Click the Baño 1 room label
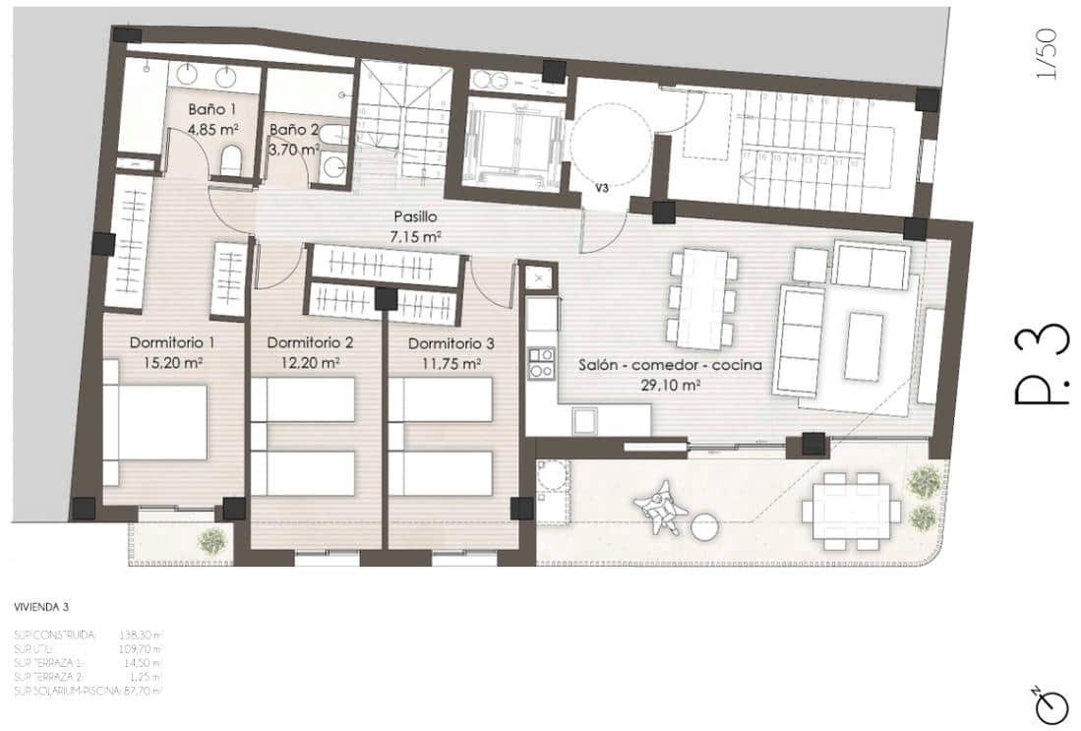coord(213,109)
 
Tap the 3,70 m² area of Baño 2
coord(294,150)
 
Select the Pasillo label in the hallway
coord(414,216)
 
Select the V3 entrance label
coord(601,183)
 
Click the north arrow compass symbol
coord(1051,701)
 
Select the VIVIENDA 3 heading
coord(41,608)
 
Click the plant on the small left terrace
coord(210,539)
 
